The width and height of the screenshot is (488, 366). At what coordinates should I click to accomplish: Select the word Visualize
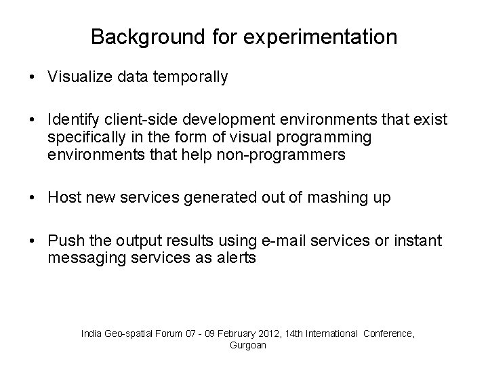pos(79,77)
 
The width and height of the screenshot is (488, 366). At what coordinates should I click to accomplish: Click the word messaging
pos(80,258)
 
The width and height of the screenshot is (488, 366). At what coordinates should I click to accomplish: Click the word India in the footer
pos(91,333)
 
